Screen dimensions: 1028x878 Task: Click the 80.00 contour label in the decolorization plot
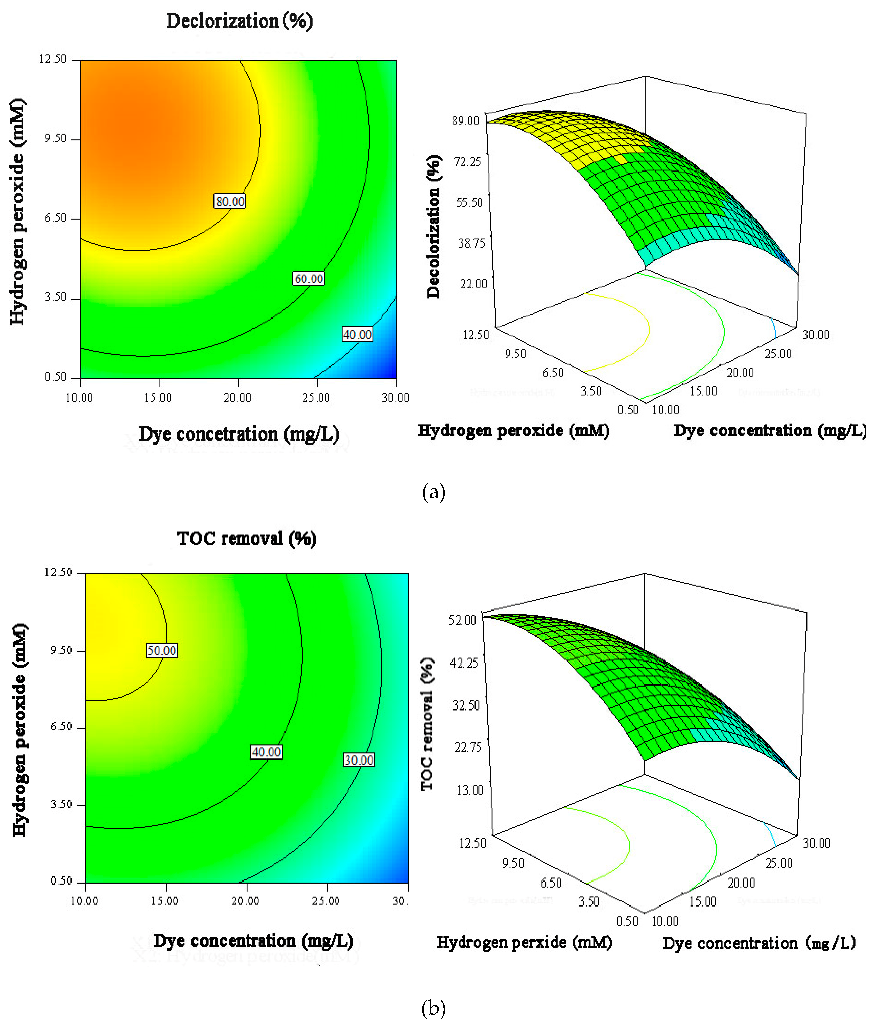click(x=230, y=202)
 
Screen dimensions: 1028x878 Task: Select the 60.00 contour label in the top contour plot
click(x=308, y=279)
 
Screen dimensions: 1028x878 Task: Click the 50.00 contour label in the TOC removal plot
click(x=161, y=650)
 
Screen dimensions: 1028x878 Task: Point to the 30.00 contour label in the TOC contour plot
click(x=359, y=760)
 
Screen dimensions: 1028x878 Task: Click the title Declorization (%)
click(x=239, y=21)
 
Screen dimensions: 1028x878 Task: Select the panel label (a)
click(x=433, y=492)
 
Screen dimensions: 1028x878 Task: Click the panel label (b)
click(x=433, y=1008)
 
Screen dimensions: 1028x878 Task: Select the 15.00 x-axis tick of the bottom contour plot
click(x=164, y=900)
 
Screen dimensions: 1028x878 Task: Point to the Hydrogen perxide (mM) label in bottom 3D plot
click(x=524, y=942)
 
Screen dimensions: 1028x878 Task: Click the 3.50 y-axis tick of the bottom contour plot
click(x=62, y=804)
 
